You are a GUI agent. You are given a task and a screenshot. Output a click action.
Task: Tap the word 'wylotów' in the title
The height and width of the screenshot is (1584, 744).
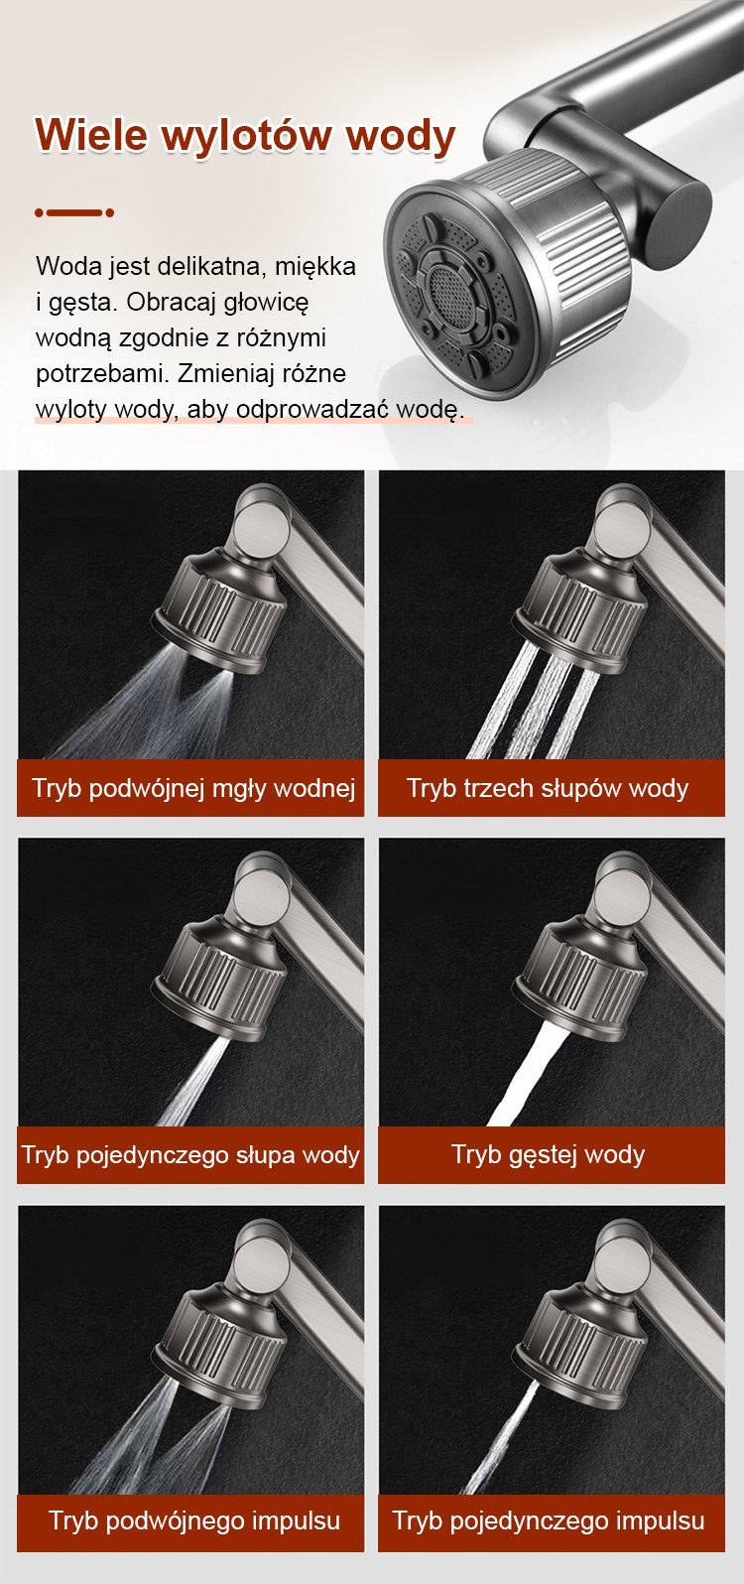coord(245,134)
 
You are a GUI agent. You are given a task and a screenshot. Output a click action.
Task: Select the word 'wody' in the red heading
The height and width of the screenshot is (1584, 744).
coord(401,135)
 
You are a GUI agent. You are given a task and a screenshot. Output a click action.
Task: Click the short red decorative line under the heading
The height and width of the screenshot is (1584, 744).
coord(74,212)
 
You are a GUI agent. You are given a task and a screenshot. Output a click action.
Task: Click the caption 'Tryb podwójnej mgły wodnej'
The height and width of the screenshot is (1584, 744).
coord(192,788)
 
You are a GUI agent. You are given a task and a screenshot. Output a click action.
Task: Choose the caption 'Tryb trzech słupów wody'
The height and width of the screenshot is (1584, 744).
coord(548,788)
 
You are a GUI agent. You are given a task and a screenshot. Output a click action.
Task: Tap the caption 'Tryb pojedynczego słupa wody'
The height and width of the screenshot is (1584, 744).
coord(190,1155)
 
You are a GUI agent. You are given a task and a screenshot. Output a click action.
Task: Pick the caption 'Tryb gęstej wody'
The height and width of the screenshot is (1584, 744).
coord(549,1155)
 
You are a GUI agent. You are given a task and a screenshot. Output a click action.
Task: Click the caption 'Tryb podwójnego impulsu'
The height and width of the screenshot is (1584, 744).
coord(194,1519)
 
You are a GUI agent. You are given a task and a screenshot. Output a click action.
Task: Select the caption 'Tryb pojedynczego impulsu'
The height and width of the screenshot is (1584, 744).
coord(549,1519)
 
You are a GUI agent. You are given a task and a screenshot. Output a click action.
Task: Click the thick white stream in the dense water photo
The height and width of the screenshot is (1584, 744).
coord(524,1075)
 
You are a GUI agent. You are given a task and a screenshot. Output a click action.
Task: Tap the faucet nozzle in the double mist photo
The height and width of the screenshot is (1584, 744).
coord(220,611)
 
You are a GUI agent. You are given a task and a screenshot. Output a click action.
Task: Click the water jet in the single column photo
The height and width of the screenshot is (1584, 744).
coord(190,1082)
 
